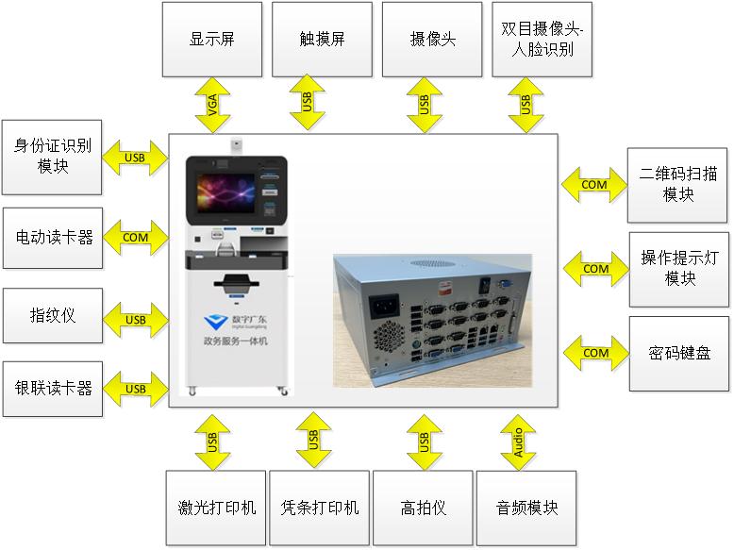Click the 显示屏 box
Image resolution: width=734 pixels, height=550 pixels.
211,40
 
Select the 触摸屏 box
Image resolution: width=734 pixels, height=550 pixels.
322,40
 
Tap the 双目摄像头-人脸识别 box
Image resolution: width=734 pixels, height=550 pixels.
542,40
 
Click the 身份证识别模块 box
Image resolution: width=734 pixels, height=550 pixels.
52,157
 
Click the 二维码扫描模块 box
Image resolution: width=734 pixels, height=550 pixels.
678,185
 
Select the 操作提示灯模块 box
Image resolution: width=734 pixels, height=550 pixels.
678,268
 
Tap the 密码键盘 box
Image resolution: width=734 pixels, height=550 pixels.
678,353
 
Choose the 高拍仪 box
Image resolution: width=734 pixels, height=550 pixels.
423,508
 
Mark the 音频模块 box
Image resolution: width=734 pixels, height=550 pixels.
526,508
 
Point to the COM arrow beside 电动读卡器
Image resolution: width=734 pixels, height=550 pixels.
135,238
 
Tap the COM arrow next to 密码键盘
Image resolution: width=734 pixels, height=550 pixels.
595,353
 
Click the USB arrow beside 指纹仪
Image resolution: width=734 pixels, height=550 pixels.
135,320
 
